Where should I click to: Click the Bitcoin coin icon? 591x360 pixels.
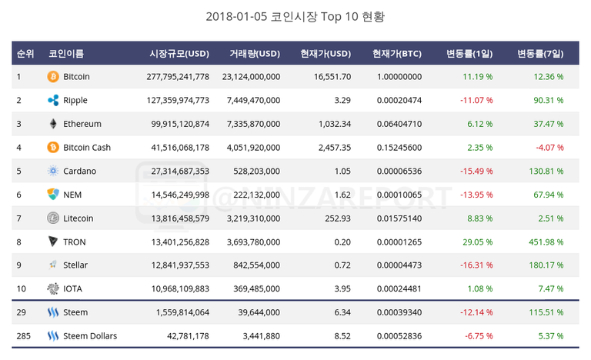(x=53, y=77)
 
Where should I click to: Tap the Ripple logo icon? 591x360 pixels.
(x=53, y=101)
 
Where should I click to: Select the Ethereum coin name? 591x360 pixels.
(x=82, y=124)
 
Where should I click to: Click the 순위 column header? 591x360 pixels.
(x=25, y=54)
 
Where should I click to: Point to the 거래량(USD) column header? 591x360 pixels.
(x=254, y=54)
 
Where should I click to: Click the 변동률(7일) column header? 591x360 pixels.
(x=540, y=54)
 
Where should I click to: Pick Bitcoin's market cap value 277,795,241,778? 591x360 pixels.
(x=177, y=77)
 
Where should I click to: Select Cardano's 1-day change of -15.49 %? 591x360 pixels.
(x=476, y=171)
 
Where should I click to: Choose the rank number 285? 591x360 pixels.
(x=24, y=336)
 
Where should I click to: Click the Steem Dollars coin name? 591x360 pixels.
(x=90, y=336)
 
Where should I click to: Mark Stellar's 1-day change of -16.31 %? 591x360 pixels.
(x=476, y=265)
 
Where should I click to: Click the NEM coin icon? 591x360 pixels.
(x=53, y=195)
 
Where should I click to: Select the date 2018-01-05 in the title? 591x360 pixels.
(x=236, y=15)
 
